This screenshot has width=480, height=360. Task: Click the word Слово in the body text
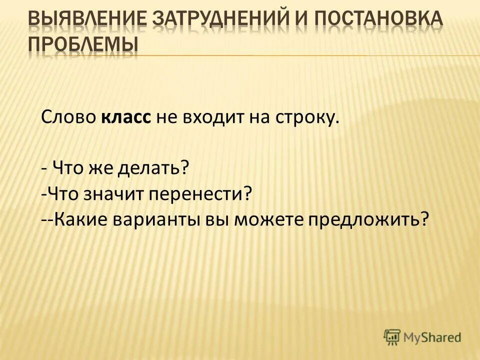tap(69, 118)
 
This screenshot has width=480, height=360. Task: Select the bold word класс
tap(127, 118)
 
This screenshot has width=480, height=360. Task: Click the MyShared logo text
tap(433, 337)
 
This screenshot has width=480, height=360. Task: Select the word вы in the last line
tap(214, 219)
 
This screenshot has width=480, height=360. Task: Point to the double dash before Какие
tap(48, 219)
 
